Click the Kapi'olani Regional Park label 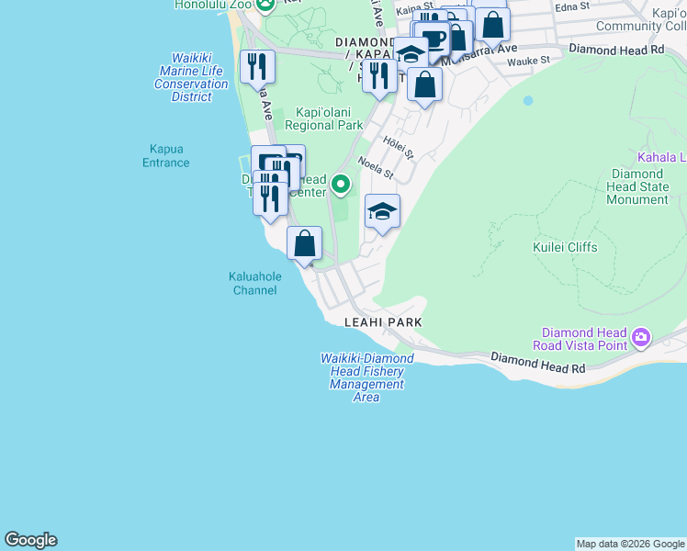(323, 118)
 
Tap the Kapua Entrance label (167, 156)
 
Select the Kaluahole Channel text (254, 283)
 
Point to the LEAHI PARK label (383, 322)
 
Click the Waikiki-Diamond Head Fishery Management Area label (366, 377)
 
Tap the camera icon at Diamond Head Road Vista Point (641, 339)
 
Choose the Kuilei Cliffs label (565, 247)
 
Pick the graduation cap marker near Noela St (382, 213)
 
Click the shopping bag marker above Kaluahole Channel (305, 244)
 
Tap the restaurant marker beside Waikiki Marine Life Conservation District (257, 66)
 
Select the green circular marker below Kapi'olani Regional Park (341, 186)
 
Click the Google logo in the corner (30, 540)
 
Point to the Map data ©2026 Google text (629, 544)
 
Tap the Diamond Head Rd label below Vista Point (537, 362)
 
